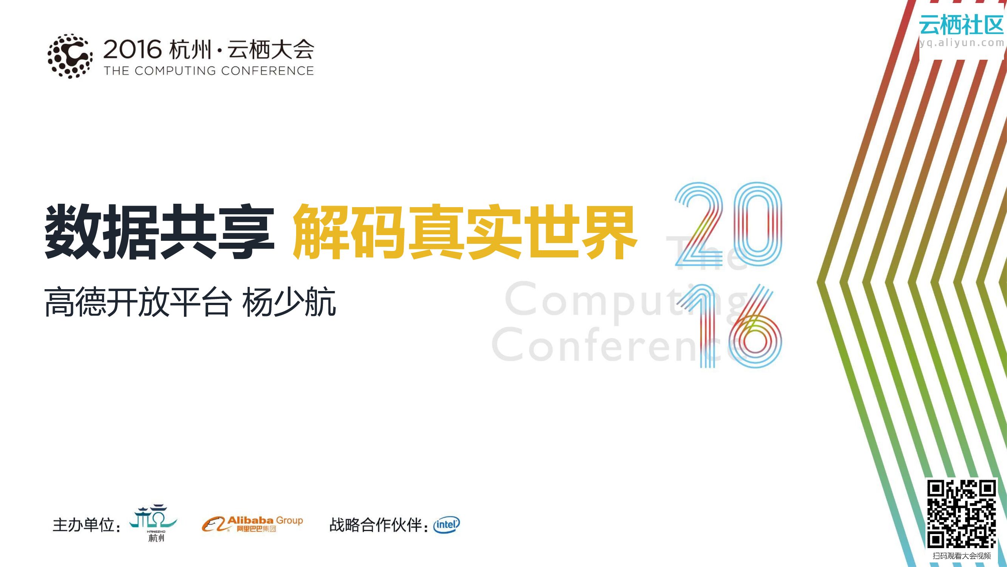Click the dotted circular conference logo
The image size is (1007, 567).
[x=70, y=56]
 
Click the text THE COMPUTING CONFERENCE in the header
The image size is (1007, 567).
[x=209, y=71]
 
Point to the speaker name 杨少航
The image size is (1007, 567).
[x=289, y=302]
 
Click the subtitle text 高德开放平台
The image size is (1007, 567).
[x=137, y=302]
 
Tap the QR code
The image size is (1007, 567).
[x=962, y=514]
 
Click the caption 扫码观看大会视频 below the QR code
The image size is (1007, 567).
[x=962, y=556]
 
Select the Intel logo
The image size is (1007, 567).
[x=446, y=525]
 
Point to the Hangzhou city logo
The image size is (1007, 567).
[x=154, y=522]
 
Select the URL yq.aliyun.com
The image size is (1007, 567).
[x=961, y=43]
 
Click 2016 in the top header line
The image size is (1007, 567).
[x=133, y=50]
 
